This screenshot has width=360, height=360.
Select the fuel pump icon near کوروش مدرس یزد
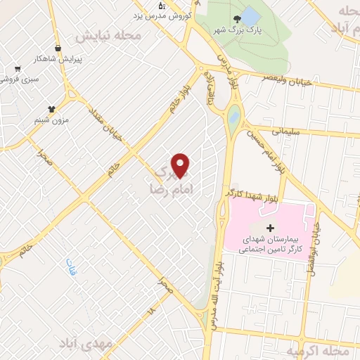click(x=162, y=6)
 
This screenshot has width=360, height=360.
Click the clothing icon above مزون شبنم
click(x=51, y=108)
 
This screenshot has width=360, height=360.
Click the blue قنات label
click(x=70, y=267)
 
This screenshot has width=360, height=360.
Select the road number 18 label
click(x=150, y=309)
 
